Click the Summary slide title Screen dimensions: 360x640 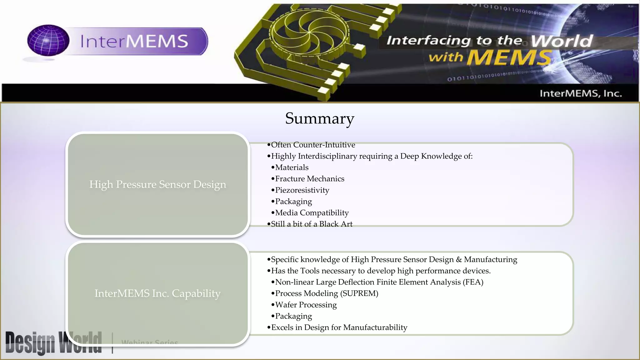tap(319, 118)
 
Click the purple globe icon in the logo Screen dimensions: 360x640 tap(48, 41)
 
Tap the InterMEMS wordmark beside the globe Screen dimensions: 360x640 tap(134, 41)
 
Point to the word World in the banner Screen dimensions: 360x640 tap(562, 41)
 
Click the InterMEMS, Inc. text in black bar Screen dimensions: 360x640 tap(581, 93)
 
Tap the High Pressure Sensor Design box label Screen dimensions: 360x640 tap(157, 184)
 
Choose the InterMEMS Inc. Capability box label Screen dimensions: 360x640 tap(157, 293)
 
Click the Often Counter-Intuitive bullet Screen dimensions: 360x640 tap(313, 145)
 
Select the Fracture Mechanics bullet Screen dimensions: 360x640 tap(309, 179)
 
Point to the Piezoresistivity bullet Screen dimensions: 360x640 tap(302, 190)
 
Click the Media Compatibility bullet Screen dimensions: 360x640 tap(312, 213)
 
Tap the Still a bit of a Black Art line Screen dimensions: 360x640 tap(311, 224)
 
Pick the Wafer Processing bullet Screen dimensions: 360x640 tap(306, 305)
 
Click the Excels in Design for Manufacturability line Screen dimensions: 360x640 tap(339, 327)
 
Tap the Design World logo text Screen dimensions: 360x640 tap(53, 342)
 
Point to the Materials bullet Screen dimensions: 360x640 tap(292, 167)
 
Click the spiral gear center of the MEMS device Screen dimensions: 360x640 tap(309, 32)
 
